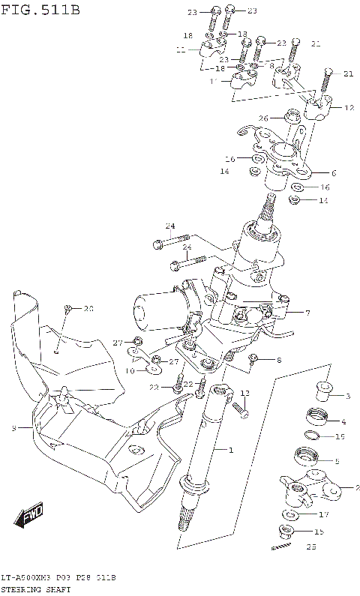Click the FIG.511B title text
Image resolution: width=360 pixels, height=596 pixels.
[x=39, y=10]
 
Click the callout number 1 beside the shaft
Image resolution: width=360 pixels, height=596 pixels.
[x=231, y=449]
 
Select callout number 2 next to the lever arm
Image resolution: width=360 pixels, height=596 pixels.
[x=346, y=487]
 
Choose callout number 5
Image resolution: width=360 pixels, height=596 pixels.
[x=337, y=461]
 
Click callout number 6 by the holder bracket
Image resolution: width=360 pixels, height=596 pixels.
[x=333, y=172]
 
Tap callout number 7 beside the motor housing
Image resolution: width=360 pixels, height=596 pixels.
[x=307, y=312]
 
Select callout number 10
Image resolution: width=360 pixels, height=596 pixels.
[x=130, y=370]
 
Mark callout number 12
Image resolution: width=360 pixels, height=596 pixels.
[x=348, y=108]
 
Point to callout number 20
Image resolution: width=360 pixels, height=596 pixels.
[x=88, y=309]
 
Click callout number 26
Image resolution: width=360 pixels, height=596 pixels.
[x=263, y=118]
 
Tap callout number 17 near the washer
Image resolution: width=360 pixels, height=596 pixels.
[x=324, y=514]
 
